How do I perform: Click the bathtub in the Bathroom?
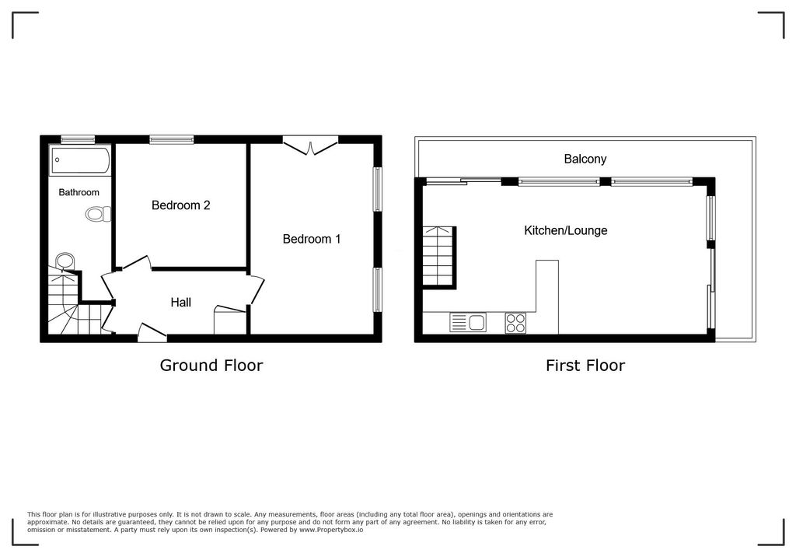(x=81, y=161)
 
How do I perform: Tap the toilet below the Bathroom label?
(x=97, y=213)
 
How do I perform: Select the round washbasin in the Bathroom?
(x=65, y=261)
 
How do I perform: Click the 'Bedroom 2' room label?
(x=180, y=205)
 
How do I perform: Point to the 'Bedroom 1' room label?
(x=311, y=239)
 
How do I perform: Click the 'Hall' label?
(x=181, y=303)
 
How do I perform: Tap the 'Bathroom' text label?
(x=79, y=192)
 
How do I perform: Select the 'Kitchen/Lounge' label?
(x=565, y=230)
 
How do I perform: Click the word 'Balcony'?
(x=585, y=159)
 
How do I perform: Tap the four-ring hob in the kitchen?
(x=515, y=322)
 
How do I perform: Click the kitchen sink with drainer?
(x=468, y=322)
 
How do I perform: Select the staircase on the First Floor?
(x=439, y=257)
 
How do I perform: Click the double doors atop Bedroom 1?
(x=310, y=145)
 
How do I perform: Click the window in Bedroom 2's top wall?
(x=172, y=139)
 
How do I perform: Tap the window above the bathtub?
(x=78, y=139)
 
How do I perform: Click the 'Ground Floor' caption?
(x=211, y=365)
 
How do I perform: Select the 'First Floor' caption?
(x=585, y=365)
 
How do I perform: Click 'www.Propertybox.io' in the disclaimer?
(x=331, y=530)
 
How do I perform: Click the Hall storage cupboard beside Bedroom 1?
(x=231, y=321)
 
